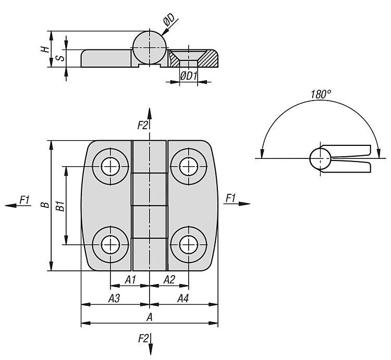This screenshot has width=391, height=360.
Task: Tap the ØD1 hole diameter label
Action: pyautogui.click(x=188, y=76)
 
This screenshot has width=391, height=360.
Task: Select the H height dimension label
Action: pyautogui.click(x=45, y=49)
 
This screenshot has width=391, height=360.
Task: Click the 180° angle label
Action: pyautogui.click(x=321, y=94)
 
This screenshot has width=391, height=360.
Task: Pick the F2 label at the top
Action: pyautogui.click(x=143, y=125)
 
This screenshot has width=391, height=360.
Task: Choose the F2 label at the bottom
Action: pyautogui.click(x=143, y=338)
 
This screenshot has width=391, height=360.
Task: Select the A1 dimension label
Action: pyautogui.click(x=130, y=280)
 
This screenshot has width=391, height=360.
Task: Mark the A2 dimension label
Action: pyautogui.click(x=169, y=280)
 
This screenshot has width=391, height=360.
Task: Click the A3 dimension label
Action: pyautogui.click(x=114, y=298)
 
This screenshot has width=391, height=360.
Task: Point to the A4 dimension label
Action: pyautogui.click(x=183, y=298)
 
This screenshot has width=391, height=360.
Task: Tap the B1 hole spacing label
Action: pyautogui.click(x=60, y=206)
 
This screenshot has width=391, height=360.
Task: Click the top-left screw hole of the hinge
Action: pyautogui.click(x=111, y=166)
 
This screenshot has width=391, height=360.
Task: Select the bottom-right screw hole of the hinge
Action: pyautogui.click(x=189, y=245)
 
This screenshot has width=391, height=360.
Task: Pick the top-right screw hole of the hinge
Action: pyautogui.click(x=189, y=166)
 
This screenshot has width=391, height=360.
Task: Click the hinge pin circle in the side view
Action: pyautogui.click(x=150, y=47)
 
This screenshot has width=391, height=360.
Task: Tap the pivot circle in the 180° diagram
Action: pyautogui.click(x=321, y=158)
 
